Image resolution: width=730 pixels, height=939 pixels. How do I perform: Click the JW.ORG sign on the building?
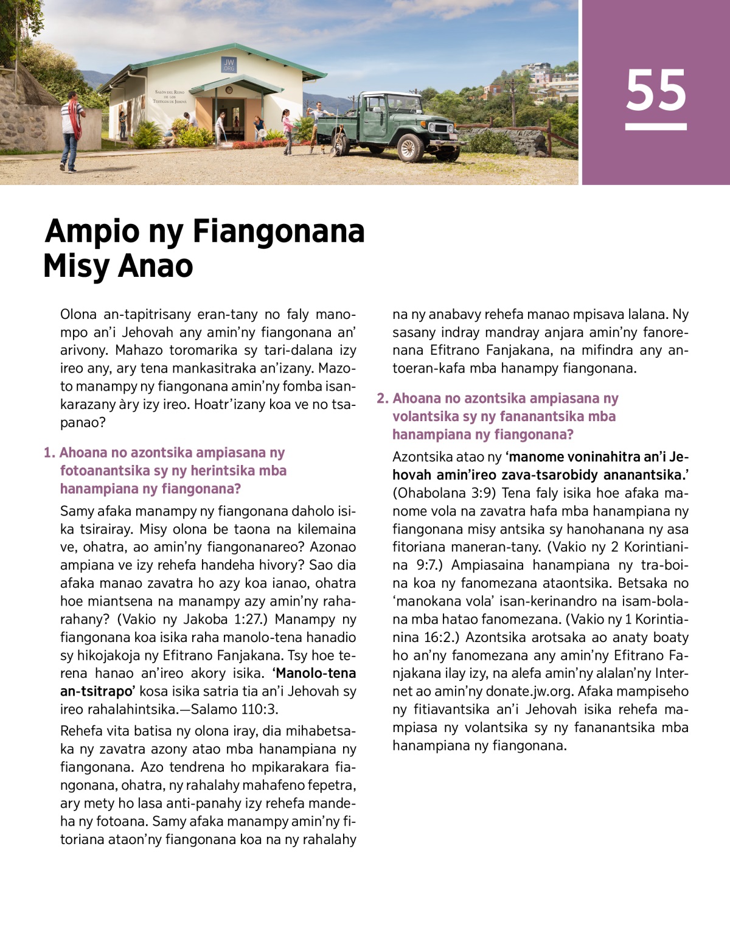tap(229, 65)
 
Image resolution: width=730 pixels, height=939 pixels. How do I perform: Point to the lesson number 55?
tap(656, 91)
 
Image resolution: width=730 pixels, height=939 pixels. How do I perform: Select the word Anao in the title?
tap(156, 266)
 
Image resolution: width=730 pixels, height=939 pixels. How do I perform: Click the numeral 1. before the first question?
tap(49, 453)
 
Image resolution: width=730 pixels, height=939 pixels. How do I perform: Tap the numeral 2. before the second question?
tap(382, 399)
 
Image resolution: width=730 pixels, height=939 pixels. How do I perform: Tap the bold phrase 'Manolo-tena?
tap(314, 674)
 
